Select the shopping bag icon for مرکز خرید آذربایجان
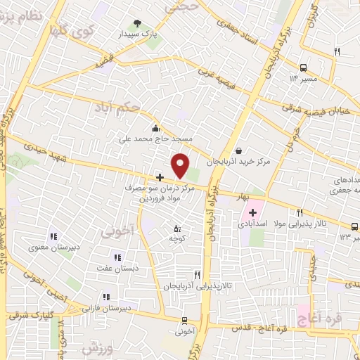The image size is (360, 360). click(x=238, y=150)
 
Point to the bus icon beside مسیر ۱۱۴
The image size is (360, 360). click(x=302, y=68)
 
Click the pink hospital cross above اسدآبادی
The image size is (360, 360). click(x=252, y=212)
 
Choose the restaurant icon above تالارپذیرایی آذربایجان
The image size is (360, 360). click(x=197, y=275)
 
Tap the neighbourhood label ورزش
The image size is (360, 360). click(x=97, y=348)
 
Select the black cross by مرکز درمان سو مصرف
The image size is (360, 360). click(x=160, y=176)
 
